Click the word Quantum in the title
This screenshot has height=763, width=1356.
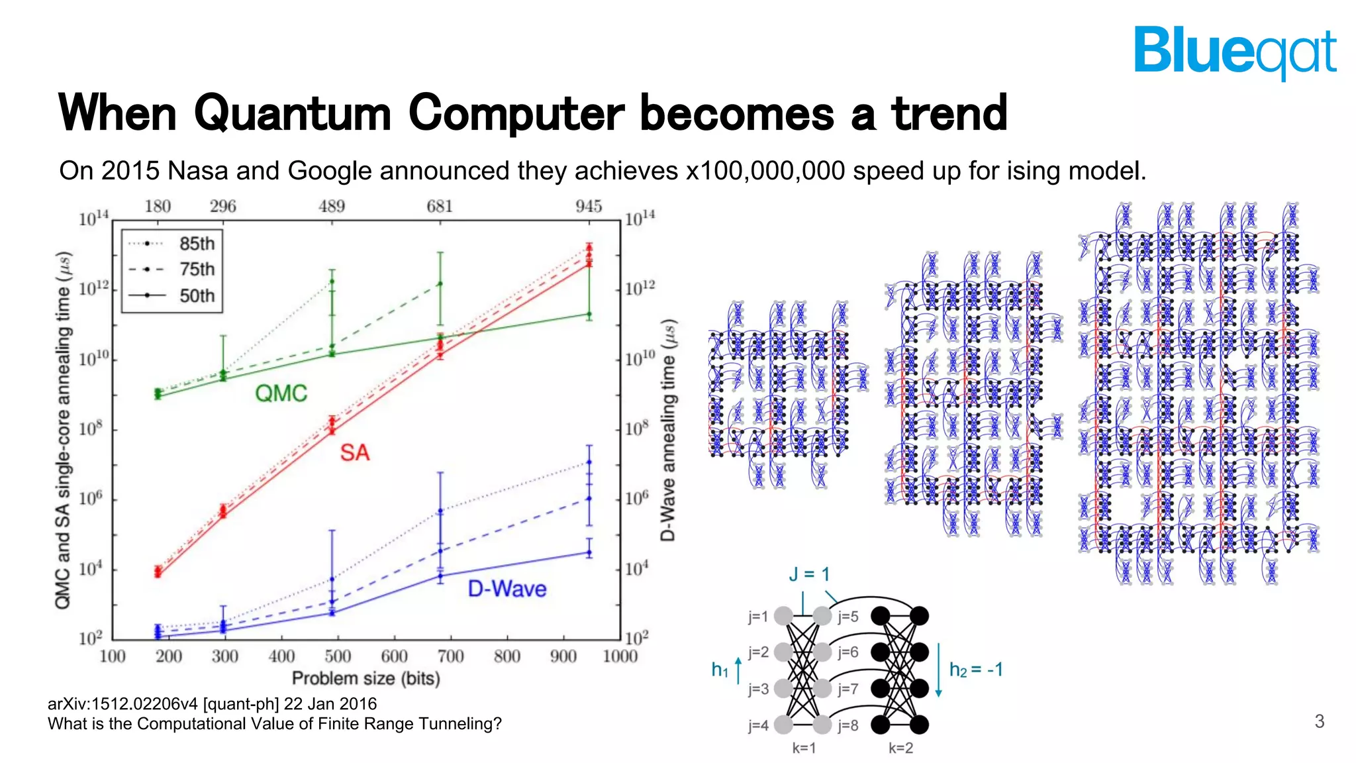pyautogui.click(x=293, y=113)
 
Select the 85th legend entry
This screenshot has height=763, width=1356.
pyautogui.click(x=197, y=244)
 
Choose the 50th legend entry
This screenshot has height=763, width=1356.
pyautogui.click(x=197, y=295)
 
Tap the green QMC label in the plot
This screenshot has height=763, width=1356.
pyautogui.click(x=281, y=393)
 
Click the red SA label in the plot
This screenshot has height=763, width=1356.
pyautogui.click(x=354, y=453)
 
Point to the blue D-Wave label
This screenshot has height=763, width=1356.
pyautogui.click(x=507, y=589)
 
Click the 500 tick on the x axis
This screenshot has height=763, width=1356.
pyautogui.click(x=338, y=656)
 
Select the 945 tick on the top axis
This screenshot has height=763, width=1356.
pyautogui.click(x=589, y=207)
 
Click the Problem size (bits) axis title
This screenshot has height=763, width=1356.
pyautogui.click(x=365, y=678)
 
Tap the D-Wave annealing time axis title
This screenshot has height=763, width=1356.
pyautogui.click(x=668, y=431)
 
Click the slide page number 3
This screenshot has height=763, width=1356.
pyautogui.click(x=1319, y=721)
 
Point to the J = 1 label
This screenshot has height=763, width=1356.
pyautogui.click(x=808, y=574)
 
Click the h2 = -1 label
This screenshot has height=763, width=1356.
pyautogui.click(x=976, y=670)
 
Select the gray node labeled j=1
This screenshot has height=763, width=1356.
pyautogui.click(x=783, y=616)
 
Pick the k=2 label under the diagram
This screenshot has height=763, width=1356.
pyautogui.click(x=900, y=748)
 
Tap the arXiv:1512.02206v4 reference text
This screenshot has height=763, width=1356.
pyautogui.click(x=212, y=703)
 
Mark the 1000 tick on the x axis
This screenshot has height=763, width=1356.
pyautogui.click(x=620, y=656)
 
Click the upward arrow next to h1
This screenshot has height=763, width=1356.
pyautogui.click(x=738, y=669)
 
